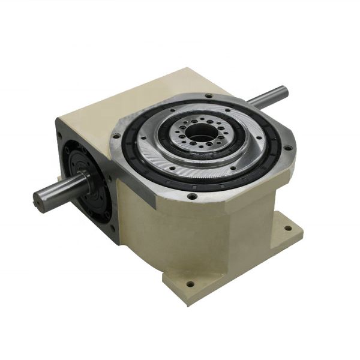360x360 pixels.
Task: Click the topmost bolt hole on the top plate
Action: [208, 96]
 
